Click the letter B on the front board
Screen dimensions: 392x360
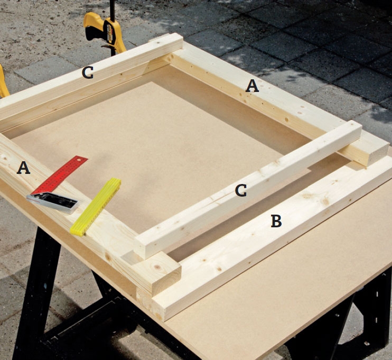point(276,221)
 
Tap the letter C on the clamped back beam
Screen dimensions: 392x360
point(88,72)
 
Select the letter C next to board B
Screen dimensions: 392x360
point(241,190)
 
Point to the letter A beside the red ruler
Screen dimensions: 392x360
point(23,168)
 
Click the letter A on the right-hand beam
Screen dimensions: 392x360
point(252,86)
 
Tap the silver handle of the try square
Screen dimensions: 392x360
point(53,203)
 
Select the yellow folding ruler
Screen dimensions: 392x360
point(96,207)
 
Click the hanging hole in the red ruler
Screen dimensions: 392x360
point(79,159)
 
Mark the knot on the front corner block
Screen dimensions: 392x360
point(158,267)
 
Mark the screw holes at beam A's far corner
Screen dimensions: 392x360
point(170,58)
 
